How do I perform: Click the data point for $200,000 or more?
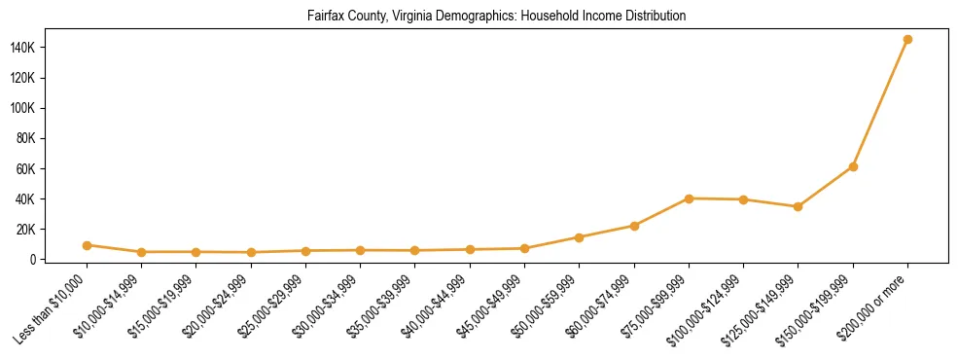point(907,40)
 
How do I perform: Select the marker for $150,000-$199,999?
point(853,166)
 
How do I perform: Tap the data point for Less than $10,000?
point(87,245)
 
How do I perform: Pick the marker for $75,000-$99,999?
point(689,198)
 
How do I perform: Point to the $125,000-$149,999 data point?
point(798,206)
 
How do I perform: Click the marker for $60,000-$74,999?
point(634,226)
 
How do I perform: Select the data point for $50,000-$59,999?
point(579,237)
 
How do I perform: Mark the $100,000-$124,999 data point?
point(743,199)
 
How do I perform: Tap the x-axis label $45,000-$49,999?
point(490,306)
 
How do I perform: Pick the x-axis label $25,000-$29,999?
point(271,306)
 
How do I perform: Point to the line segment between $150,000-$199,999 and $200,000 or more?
point(880,103)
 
